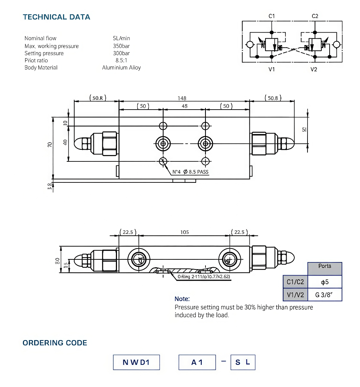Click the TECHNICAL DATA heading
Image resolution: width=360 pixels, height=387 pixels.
coord(56,17)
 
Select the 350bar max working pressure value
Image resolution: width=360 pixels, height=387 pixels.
coord(121,46)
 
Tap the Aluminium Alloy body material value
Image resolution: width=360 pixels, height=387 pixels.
coord(121,68)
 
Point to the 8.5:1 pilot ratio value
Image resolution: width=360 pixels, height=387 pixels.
coord(121,60)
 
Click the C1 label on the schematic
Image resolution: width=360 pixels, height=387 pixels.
coord(272,16)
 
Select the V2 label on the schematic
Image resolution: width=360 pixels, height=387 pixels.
coord(314,69)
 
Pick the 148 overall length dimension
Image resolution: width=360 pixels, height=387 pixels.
coord(182,98)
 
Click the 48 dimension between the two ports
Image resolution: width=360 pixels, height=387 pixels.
coord(184,106)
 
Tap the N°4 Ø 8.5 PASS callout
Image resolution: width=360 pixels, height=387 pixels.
coord(190,172)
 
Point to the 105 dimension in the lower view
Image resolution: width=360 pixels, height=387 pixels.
coord(184,232)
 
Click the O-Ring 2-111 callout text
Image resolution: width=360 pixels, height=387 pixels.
coord(204,277)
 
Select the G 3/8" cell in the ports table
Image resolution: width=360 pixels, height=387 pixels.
coord(325,295)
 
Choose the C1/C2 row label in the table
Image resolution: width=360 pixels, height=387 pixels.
coord(295,282)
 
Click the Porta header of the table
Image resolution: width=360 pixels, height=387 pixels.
coord(325,266)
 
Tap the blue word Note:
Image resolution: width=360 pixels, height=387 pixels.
coord(182,299)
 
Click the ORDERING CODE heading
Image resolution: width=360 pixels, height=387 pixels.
coord(55,343)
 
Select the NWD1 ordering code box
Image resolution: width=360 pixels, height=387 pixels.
coord(136,362)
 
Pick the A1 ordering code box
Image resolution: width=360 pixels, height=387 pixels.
coord(197,362)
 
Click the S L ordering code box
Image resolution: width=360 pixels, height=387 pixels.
coord(243,362)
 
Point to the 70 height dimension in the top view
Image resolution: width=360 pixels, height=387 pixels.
coord(50,144)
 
